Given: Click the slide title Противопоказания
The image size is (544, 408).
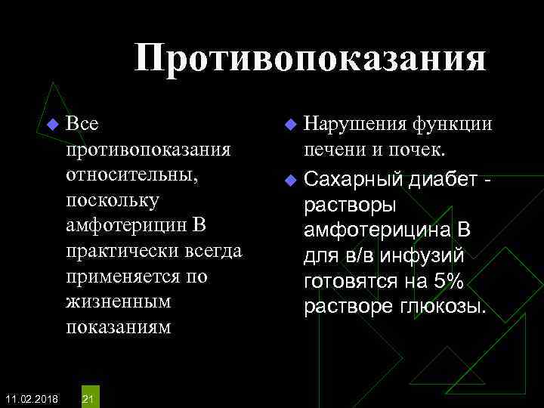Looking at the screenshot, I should (310, 59).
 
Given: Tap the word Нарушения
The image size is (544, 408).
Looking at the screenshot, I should (355, 123).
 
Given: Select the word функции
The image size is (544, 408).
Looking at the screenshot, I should (453, 123).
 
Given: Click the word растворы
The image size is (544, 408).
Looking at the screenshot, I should (344, 206).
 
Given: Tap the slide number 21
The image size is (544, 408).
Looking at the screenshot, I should (88, 398).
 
